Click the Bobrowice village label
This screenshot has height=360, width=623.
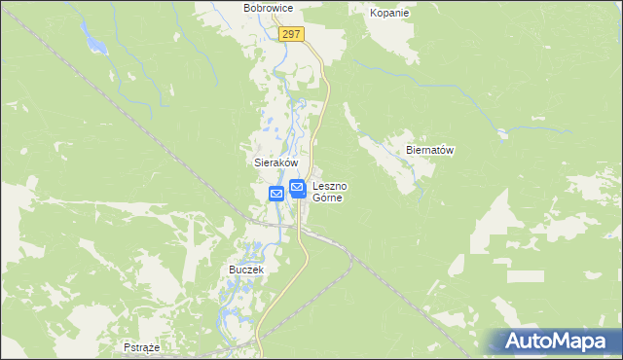coord(268,8)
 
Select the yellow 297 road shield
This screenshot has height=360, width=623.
coord(292,34)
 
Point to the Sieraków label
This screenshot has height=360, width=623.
coord(269,163)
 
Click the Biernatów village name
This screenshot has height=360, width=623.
coord(430,151)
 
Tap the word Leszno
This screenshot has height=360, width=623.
coord(331,185)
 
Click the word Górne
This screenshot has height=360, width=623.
coord(331,197)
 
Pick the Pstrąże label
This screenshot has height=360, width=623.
coord(142,346)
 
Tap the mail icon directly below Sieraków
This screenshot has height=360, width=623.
coord(276,194)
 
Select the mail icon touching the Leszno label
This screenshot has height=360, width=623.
coord(298,188)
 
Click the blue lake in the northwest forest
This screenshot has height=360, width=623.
coord(94,43)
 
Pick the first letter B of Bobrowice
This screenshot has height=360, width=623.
coord(247,8)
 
